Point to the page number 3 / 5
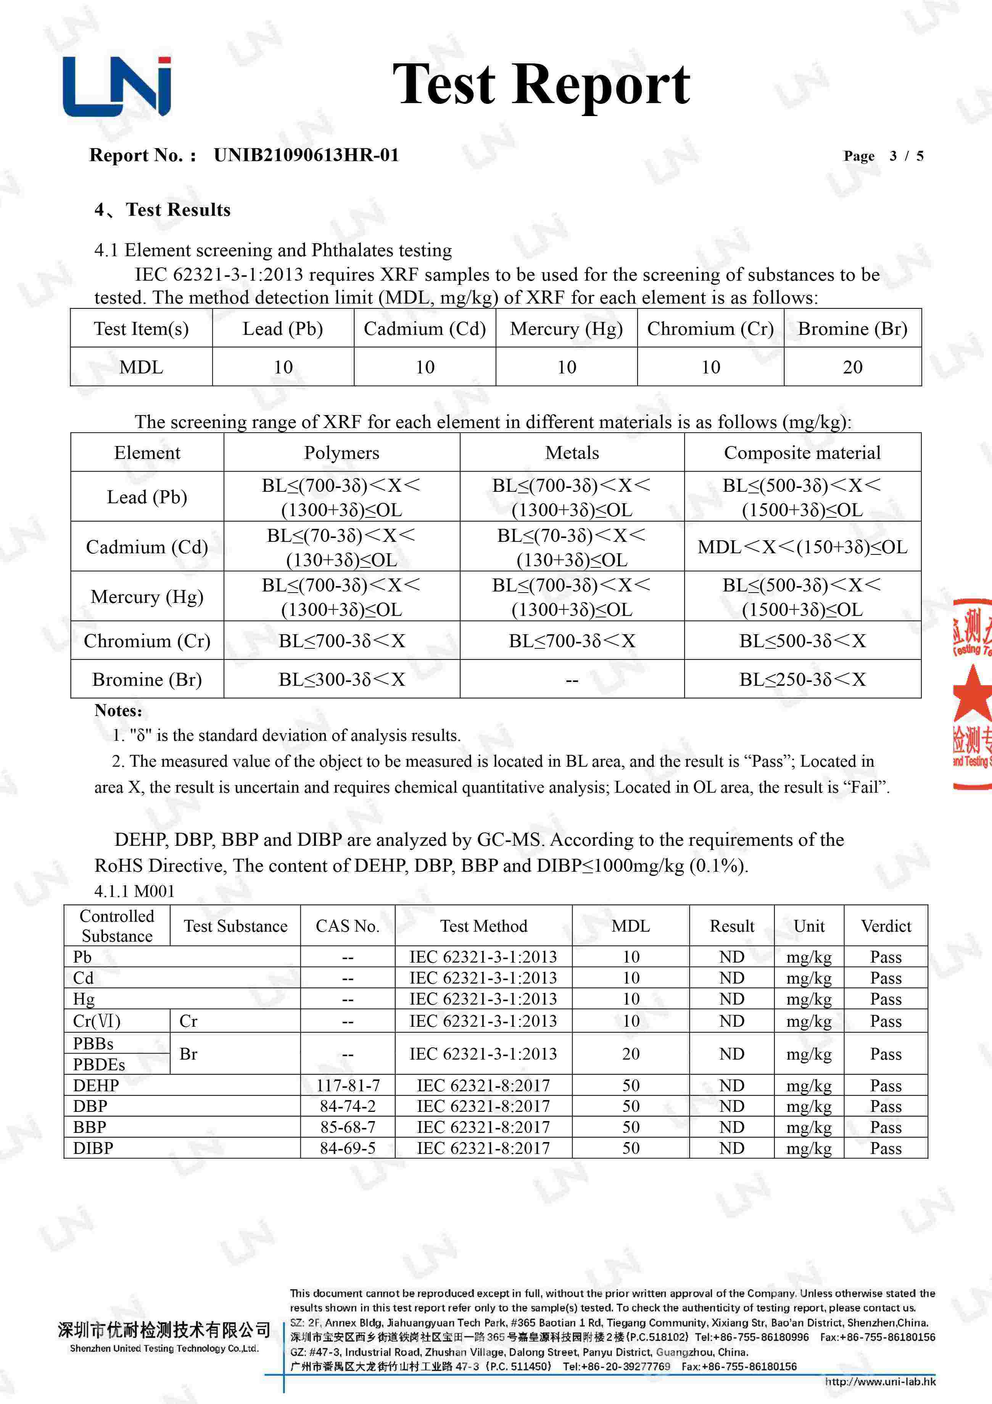[906, 156]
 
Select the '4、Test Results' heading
[163, 210]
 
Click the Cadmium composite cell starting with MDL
[802, 547]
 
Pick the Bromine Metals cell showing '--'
[572, 679]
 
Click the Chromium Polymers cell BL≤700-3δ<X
[342, 641]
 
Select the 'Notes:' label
[118, 711]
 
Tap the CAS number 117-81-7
[348, 1086]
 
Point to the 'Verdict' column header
[886, 926]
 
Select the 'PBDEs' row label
[99, 1065]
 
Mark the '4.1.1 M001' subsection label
[134, 891]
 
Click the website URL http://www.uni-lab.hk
[880, 1381]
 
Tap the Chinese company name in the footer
[164, 1330]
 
